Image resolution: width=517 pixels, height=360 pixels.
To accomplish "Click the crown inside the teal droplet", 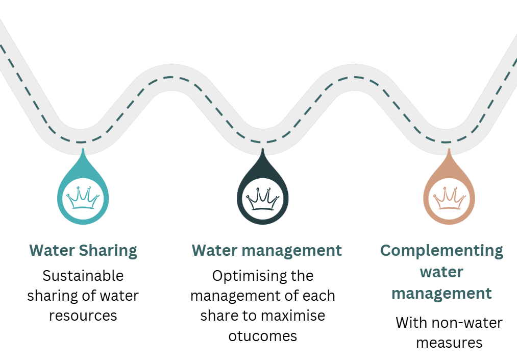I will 83,198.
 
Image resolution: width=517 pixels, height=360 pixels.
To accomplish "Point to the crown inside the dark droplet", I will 263,199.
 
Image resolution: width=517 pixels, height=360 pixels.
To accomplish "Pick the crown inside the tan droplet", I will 449,199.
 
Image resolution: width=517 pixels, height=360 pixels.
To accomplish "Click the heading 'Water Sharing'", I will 83,251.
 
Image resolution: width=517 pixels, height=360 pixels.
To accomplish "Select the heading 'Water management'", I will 266,251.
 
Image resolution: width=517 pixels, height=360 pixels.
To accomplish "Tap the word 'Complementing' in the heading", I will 442,251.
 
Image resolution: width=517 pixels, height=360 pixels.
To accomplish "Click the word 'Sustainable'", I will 83,276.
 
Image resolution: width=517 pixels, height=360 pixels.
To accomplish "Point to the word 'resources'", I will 83,315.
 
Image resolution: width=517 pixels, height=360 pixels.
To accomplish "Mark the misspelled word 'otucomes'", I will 262,335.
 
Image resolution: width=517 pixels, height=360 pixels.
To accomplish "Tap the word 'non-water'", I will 463,323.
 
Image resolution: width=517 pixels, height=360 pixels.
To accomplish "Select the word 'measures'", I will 449,342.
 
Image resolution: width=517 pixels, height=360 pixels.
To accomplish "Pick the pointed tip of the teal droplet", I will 83,151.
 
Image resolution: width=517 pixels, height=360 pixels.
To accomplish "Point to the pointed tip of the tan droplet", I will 449,151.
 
